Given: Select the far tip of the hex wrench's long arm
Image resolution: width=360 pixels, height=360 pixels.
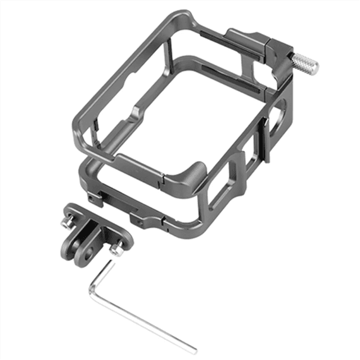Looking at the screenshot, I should [195, 348].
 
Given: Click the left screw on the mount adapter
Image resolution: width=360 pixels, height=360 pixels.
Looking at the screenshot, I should [66, 224].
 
